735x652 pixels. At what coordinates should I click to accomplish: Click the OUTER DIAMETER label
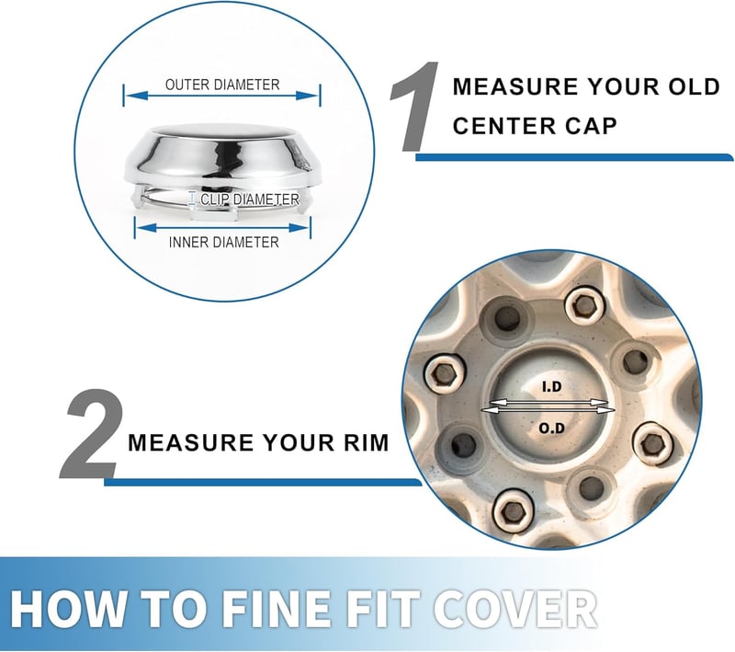[x=222, y=85]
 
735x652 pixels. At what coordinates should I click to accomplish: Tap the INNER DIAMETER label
[x=223, y=242]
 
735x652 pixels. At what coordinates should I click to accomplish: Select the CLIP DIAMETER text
[x=250, y=200]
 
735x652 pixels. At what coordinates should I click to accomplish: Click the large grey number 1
[x=414, y=107]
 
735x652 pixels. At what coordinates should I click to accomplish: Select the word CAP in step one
[x=594, y=126]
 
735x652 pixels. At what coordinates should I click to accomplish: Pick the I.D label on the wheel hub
[x=551, y=386]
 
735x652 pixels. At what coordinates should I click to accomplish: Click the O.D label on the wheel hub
[x=552, y=428]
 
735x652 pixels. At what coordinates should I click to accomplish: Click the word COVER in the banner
[x=514, y=609]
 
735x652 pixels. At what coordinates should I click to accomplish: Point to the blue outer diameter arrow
[x=222, y=96]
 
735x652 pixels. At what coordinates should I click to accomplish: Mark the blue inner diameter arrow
[x=222, y=228]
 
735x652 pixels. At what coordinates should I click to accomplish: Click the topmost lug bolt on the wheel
[x=583, y=306]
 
